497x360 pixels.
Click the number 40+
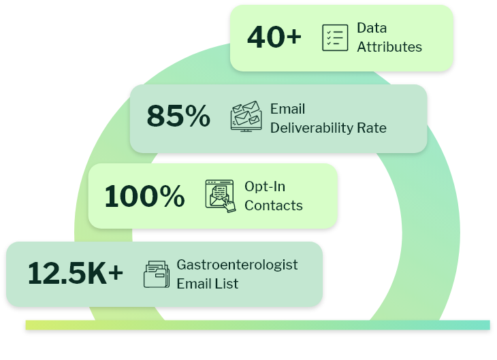pyautogui.click(x=274, y=37)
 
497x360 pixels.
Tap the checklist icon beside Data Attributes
pyautogui.click(x=334, y=37)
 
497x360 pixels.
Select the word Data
pyautogui.click(x=372, y=29)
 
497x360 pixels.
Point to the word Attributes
pyautogui.click(x=389, y=47)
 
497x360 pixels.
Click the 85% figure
pyautogui.click(x=178, y=117)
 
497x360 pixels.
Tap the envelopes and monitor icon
pyautogui.click(x=246, y=116)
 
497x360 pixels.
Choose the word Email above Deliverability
pyautogui.click(x=287, y=108)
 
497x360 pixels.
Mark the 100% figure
pyautogui.click(x=144, y=196)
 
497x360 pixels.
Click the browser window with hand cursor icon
pyautogui.click(x=220, y=195)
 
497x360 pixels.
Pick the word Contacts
pyautogui.click(x=274, y=206)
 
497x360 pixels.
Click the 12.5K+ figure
pyautogui.click(x=76, y=274)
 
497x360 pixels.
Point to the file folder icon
pyautogui.click(x=157, y=274)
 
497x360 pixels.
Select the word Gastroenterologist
pyautogui.click(x=237, y=265)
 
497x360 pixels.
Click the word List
pyautogui.click(x=227, y=284)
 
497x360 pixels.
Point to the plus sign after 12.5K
pyautogui.click(x=116, y=274)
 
